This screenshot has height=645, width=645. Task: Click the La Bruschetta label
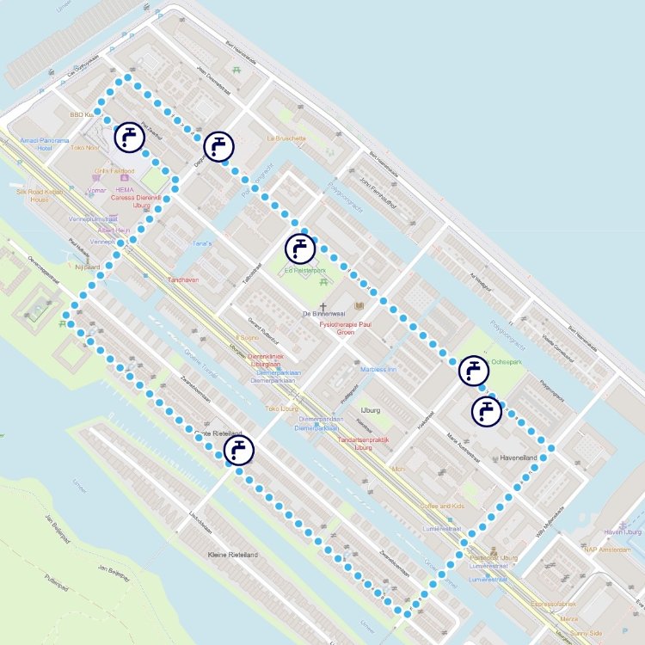[x=286, y=138]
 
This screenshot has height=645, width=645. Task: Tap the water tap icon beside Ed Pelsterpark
[x=299, y=248]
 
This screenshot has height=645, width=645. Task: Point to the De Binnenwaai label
[x=322, y=315]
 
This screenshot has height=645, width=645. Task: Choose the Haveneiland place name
[x=519, y=458]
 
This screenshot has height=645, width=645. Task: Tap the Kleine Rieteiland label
[x=233, y=555]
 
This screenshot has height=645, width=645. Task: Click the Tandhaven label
[x=183, y=279]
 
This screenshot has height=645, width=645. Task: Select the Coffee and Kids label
[x=442, y=506]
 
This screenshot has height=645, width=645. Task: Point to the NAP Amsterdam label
[x=605, y=550]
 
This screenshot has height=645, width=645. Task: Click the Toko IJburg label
[x=282, y=408]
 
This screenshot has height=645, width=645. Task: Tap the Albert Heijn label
[x=114, y=230]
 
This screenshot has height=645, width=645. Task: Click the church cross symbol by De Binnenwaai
[x=323, y=306]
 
